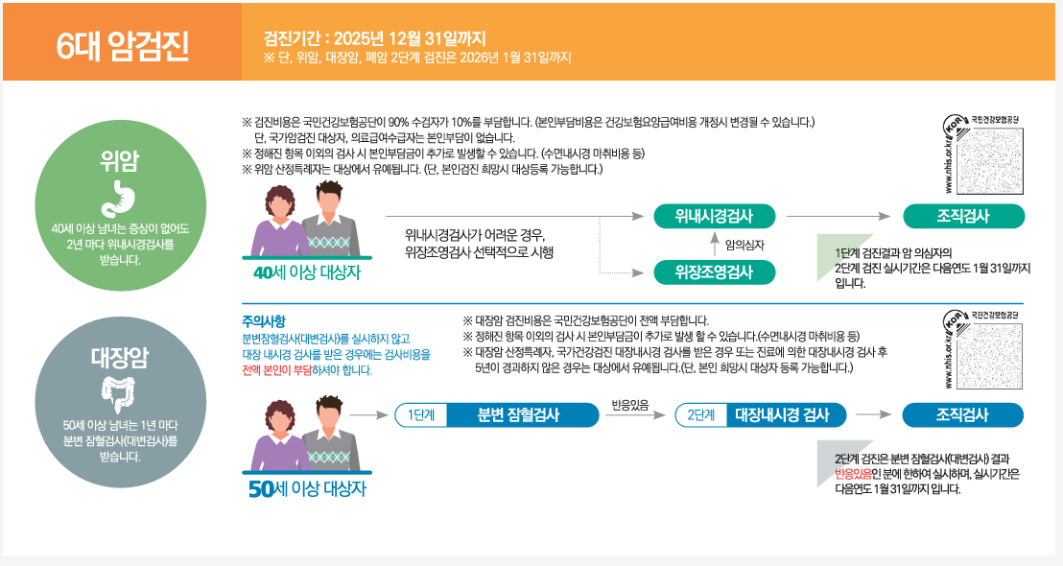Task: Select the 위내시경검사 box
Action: [714, 215]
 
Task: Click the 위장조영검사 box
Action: [714, 272]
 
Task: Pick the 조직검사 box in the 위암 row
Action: [962, 215]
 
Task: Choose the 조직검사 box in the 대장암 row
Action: [962, 414]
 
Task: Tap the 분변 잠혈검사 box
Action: [518, 414]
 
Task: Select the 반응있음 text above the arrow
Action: [630, 404]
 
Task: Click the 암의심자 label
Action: [744, 245]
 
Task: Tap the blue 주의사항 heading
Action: [264, 320]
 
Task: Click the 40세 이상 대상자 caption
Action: [306, 271]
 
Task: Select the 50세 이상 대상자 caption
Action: [306, 489]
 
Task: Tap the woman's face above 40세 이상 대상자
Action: [284, 202]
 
